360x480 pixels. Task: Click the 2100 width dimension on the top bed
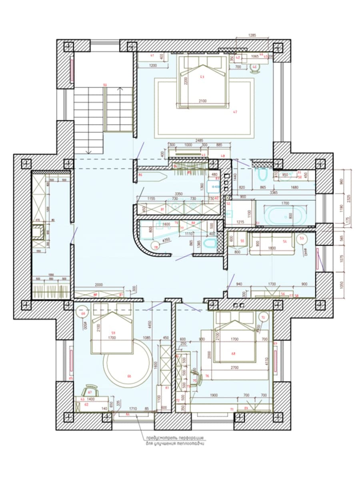[x=202, y=101]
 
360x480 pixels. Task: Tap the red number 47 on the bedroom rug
[x=235, y=112]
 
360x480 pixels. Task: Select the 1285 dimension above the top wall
[x=252, y=35]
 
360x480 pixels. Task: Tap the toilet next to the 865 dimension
[x=262, y=174]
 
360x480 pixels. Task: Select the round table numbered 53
[x=302, y=239]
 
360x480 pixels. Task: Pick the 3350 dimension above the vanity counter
[x=179, y=194]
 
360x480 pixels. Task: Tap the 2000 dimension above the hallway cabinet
[x=99, y=285]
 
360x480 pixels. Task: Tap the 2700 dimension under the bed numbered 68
[x=234, y=367]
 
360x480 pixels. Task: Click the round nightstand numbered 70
[x=263, y=317]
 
